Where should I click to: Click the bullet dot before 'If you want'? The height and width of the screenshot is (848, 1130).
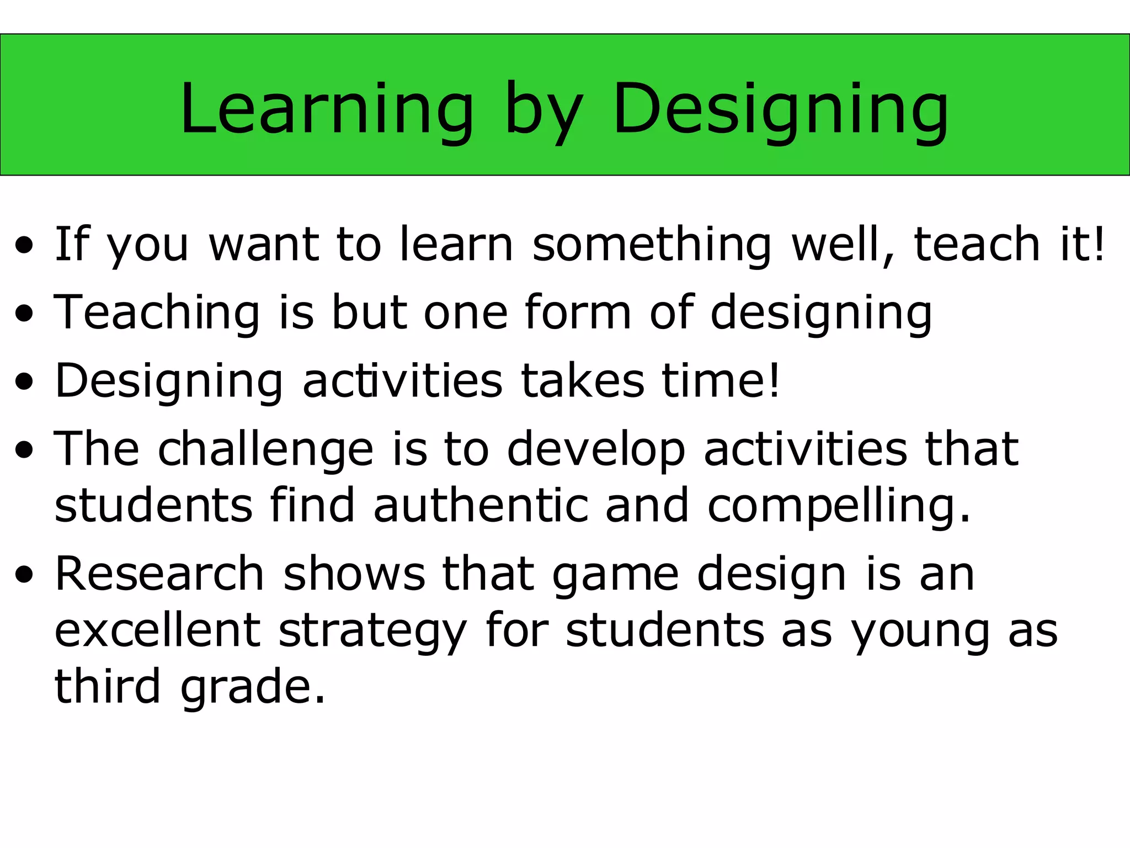(25, 245)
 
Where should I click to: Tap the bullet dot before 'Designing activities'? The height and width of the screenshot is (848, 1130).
(25, 381)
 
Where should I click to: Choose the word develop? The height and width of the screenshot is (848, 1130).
(596, 450)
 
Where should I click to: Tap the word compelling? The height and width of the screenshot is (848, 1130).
(838, 506)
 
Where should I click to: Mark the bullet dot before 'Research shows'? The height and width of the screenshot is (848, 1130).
(25, 575)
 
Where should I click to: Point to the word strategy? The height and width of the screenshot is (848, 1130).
(373, 632)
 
